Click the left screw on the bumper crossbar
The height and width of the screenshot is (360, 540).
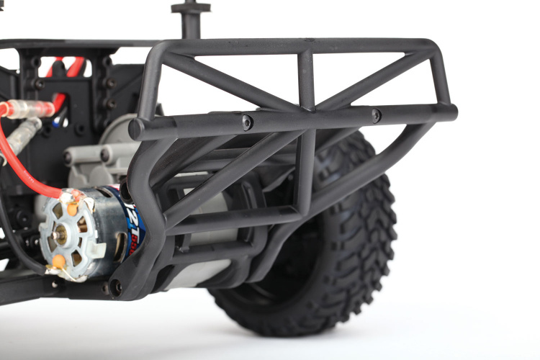[247, 122]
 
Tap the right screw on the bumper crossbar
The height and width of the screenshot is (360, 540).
[376, 115]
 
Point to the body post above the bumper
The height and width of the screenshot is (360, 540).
[190, 18]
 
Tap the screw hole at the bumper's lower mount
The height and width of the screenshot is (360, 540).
[116, 287]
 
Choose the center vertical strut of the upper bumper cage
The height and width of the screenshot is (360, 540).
[307, 79]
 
